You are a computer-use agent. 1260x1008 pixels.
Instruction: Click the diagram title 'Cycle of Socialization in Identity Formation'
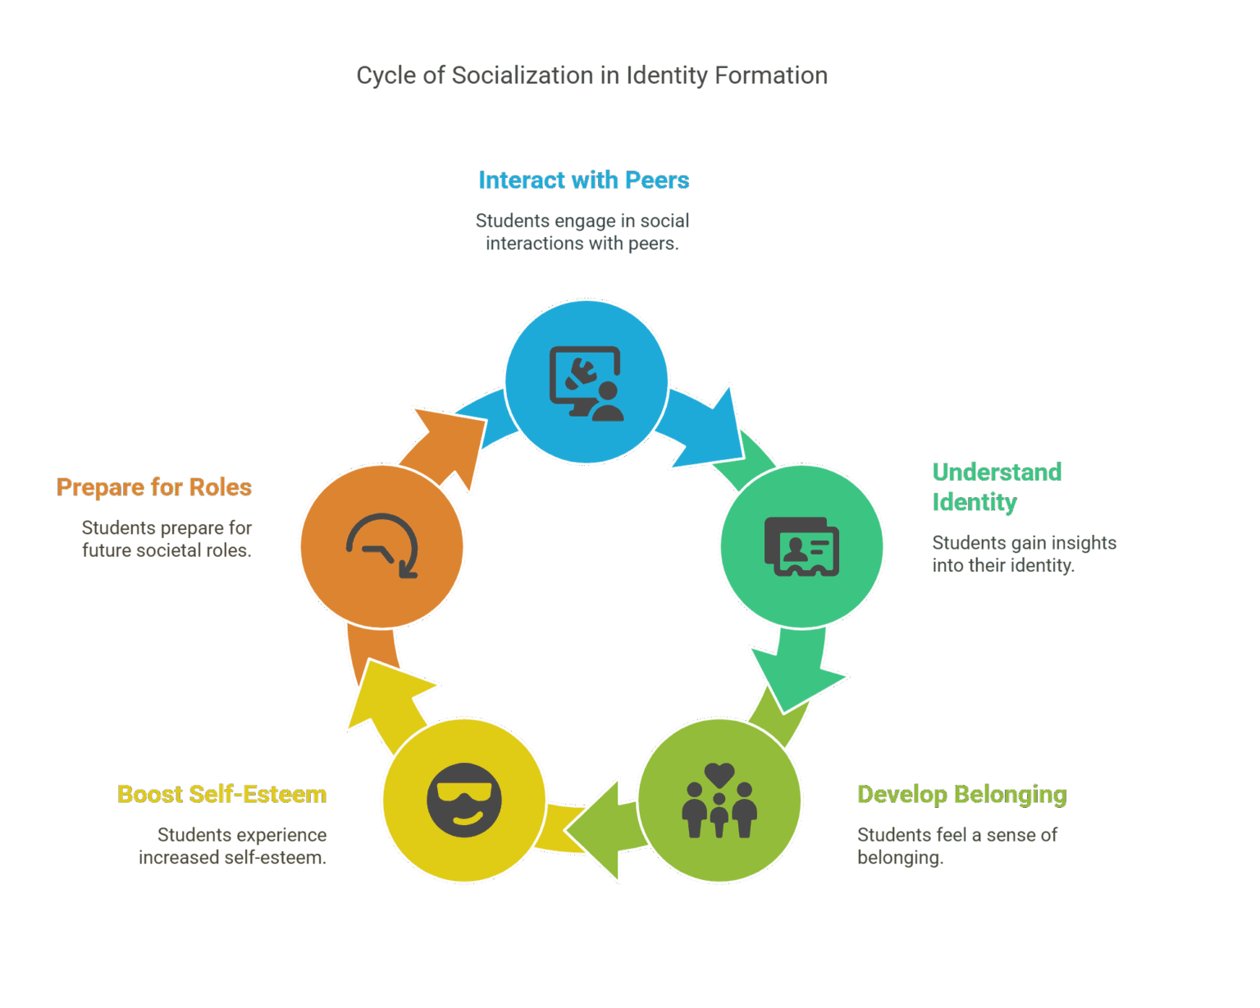591,75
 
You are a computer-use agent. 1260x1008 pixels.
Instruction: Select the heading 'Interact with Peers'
583,180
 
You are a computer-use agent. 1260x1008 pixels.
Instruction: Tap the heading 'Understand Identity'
997,486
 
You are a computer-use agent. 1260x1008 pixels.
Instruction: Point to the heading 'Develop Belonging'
961,794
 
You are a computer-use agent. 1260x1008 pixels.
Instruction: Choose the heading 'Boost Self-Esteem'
222,794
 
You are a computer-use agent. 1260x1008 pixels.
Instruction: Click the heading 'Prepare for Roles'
154,487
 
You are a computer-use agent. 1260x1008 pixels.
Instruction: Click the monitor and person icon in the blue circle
586,383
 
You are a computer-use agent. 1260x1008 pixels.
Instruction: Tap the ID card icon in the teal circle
801,546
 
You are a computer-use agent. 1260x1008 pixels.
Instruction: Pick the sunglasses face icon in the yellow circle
464,800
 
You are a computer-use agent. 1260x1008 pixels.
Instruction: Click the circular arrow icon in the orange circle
382,546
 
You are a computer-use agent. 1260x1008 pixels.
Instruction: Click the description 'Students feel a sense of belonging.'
956,846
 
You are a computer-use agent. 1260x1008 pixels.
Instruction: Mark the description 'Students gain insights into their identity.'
1024,554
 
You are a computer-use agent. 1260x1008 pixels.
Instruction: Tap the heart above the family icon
719,773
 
